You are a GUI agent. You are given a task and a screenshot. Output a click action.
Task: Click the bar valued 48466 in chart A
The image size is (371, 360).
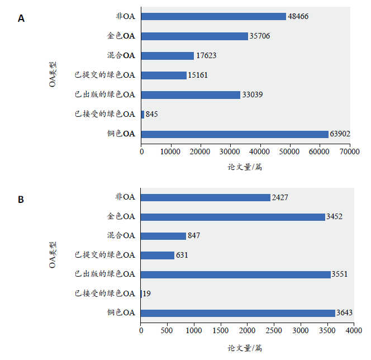[213, 17]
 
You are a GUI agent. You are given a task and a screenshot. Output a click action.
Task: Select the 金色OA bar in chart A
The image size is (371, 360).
[194, 36]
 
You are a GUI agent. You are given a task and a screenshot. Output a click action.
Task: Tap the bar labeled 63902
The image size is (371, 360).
[235, 134]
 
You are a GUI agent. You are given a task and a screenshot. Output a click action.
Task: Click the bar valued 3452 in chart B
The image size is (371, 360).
[232, 216]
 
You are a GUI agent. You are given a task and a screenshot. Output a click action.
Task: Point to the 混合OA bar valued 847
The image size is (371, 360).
[163, 236]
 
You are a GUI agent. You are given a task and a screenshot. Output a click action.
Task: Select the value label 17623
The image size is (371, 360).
[206, 56]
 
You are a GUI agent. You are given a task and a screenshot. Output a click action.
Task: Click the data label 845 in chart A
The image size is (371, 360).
[152, 115]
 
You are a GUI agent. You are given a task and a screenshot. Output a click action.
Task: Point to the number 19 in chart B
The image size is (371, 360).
[147, 294]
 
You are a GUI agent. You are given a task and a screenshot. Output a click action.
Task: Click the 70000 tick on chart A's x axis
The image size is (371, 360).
[349, 151]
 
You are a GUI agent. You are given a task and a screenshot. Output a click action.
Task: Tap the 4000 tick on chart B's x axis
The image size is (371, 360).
[353, 331]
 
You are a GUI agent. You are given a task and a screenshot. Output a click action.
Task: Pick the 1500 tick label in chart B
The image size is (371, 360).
[220, 331]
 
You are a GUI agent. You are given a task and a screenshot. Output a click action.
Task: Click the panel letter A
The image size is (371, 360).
[21, 18]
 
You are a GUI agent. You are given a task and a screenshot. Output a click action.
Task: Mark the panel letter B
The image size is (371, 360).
[21, 198]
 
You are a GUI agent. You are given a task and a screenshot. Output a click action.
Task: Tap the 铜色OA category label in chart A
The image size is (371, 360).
[121, 134]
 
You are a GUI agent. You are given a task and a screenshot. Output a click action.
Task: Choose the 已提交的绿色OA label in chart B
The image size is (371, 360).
[105, 255]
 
